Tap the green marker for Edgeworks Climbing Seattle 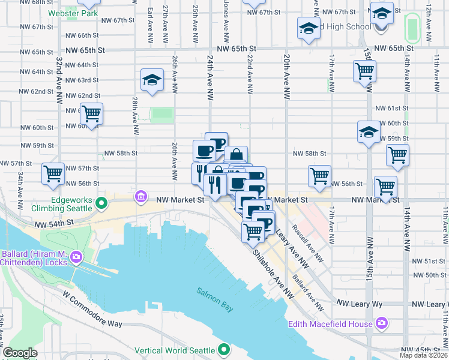point(102,203)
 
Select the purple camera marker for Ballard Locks point(76,257)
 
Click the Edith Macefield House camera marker point(382,324)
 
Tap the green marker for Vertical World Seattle point(224,349)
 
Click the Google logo point(20,353)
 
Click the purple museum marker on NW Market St point(141,197)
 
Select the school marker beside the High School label point(309,29)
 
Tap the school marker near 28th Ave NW point(152,80)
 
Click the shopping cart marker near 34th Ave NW point(53,174)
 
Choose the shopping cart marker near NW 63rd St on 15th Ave point(364,72)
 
